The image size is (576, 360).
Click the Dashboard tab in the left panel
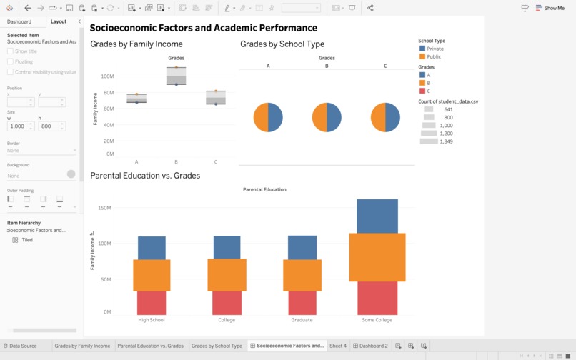(19, 21)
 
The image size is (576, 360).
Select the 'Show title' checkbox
(10, 51)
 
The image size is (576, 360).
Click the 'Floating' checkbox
(10, 61)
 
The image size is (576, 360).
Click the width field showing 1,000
(18, 126)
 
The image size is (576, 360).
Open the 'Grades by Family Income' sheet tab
(82, 346)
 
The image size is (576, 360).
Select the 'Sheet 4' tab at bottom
(337, 346)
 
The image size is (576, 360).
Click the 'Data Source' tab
(22, 346)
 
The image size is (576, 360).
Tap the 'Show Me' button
(550, 8)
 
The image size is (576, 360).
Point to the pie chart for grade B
(327, 117)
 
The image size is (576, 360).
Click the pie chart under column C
(385, 117)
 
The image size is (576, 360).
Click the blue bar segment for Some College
(377, 216)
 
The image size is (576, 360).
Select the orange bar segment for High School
(152, 275)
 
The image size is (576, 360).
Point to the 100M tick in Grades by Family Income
(106, 76)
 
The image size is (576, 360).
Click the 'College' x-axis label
(227, 320)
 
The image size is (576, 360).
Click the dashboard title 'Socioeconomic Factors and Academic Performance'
(204, 28)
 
